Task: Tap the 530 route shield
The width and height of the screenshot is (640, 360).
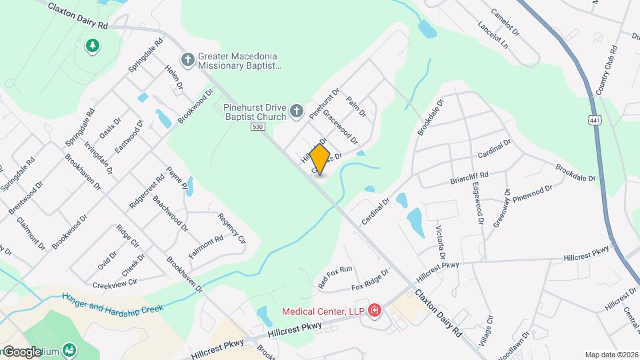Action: [258, 127]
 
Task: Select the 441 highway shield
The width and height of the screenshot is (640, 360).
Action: [593, 119]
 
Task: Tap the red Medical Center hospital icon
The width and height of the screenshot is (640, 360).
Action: [375, 311]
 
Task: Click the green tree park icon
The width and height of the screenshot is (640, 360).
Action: [92, 45]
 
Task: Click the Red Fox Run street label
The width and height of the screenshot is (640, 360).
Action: [335, 277]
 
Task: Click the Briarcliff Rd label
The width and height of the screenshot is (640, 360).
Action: [469, 178]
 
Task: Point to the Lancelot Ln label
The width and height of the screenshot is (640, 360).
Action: [493, 35]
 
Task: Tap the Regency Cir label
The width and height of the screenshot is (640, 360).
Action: [232, 228]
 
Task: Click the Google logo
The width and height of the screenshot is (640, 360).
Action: [23, 351]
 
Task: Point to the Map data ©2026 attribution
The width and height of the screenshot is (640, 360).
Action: [611, 355]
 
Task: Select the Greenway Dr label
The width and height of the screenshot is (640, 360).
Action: [501, 212]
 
